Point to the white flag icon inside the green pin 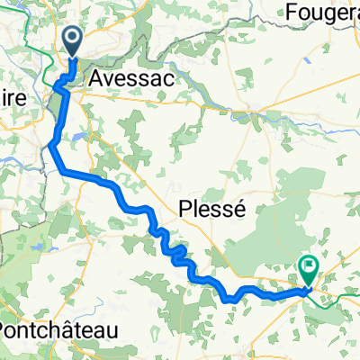[309, 265]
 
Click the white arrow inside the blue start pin [72, 39]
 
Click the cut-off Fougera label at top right [321, 12]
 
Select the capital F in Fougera [290, 12]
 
